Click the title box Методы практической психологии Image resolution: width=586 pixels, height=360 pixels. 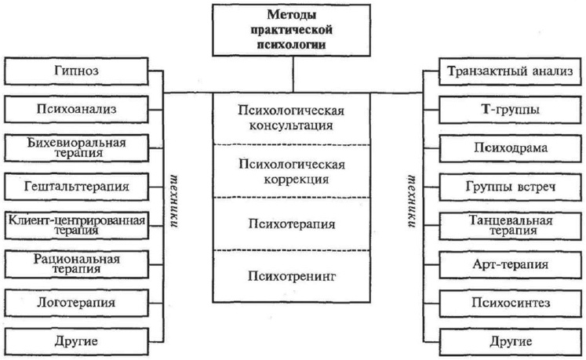(293, 31)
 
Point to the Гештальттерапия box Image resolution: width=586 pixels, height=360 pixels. (75, 187)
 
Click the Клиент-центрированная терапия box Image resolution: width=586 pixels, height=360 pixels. (75, 224)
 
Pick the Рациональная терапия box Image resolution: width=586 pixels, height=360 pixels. (75, 264)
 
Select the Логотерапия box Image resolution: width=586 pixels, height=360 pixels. (75, 301)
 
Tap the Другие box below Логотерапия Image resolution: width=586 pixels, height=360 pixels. (75, 340)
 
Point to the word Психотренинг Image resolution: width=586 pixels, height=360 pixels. (292, 277)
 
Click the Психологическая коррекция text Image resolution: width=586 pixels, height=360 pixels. (292, 171)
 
